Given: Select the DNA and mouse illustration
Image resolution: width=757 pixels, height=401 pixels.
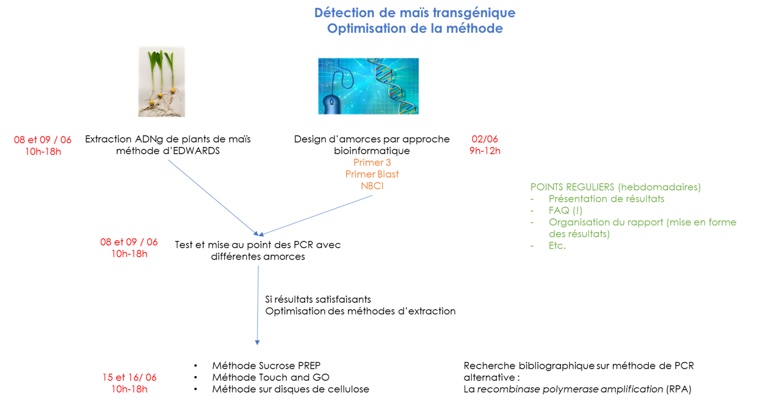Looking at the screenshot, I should (368, 86).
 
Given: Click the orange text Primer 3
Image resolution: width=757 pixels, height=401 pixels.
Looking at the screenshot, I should (372, 163).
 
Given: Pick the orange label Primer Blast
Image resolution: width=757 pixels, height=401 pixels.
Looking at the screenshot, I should (372, 174).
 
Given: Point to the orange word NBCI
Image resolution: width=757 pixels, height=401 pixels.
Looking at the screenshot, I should (372, 186).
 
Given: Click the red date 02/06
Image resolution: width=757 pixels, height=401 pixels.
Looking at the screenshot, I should (485, 140).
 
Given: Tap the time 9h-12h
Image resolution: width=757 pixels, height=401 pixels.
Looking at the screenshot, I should (485, 151).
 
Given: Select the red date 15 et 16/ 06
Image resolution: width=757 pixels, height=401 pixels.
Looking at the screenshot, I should (129, 377).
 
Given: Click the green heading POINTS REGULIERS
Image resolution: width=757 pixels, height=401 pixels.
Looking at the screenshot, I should (572, 187).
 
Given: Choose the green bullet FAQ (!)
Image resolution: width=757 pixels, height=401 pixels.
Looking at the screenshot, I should (565, 210).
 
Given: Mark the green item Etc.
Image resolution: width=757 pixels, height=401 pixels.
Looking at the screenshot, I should (557, 246).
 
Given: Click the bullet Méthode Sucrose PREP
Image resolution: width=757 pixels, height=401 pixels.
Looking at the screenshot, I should (266, 366).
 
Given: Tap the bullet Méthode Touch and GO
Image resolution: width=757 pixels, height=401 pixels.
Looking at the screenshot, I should (270, 377).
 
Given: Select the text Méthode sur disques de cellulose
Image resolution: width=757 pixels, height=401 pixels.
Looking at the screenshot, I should (291, 389).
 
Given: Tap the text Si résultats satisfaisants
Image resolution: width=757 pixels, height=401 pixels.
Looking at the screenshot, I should (318, 299).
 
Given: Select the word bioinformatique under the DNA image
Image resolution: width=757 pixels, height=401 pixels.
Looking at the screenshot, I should (372, 151).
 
